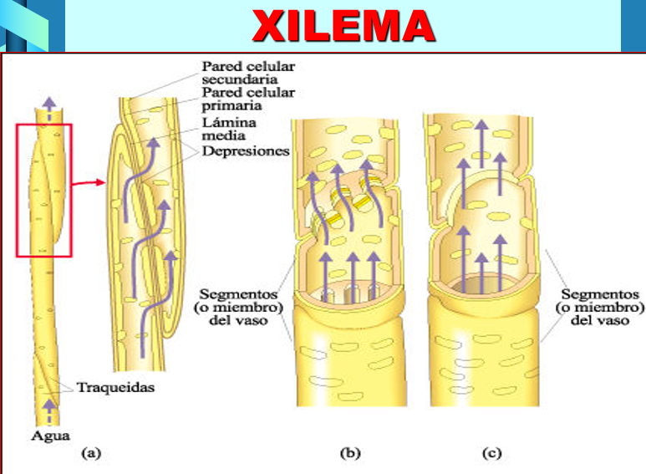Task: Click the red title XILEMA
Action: tap(343, 26)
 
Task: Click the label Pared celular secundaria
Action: tap(248, 73)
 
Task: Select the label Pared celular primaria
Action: tap(248, 99)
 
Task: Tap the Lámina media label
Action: tap(229, 129)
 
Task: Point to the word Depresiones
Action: tap(246, 150)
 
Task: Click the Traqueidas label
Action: tap(116, 387)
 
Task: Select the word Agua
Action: tap(50, 436)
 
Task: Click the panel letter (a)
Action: tap(91, 453)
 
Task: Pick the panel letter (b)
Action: tap(350, 453)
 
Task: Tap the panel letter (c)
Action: tap(492, 453)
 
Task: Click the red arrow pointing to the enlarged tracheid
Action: tap(89, 182)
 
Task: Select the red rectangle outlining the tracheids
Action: tap(17, 191)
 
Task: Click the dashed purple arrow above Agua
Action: tap(49, 412)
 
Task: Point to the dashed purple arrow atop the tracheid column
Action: tap(49, 110)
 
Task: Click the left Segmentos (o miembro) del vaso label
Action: tap(238, 307)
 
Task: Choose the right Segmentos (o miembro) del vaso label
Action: tap(600, 307)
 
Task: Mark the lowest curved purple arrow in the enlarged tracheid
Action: tap(156, 305)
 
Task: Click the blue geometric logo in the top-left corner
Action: tap(32, 26)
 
